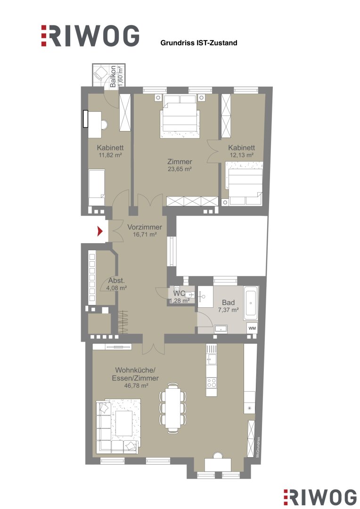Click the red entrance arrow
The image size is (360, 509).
100,231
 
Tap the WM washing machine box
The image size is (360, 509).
252,328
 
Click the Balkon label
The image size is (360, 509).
113,76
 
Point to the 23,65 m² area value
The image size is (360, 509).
180,169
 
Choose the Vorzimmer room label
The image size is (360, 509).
145,227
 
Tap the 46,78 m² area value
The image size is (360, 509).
136,386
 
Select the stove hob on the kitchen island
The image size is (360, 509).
211,383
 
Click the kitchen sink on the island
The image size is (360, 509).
211,360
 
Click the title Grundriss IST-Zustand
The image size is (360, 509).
199,43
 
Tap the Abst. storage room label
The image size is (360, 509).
116,281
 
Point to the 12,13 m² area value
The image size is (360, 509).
242,155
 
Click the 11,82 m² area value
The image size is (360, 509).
110,155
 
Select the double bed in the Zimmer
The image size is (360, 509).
180,116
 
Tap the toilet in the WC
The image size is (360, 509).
188,295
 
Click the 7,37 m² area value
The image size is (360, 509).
229,310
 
